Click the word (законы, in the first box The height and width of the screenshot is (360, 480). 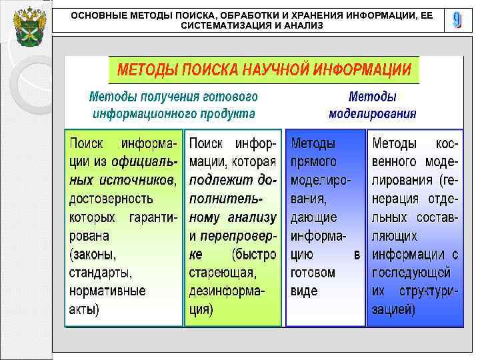(92, 254)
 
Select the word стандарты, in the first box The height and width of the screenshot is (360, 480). (101, 273)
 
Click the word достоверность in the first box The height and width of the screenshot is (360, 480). (111, 199)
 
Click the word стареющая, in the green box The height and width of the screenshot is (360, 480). (222, 273)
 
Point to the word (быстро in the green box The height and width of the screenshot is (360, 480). (253, 254)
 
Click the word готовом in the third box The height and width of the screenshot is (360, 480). (313, 273)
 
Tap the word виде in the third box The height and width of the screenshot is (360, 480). (305, 291)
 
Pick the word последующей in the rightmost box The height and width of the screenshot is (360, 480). (411, 273)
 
